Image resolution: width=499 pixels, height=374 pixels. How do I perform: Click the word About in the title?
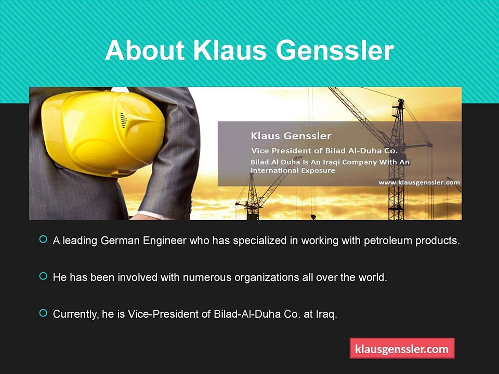point(145,50)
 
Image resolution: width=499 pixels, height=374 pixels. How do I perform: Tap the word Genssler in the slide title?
point(335,50)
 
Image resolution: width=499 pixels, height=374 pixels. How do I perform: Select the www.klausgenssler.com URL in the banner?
point(419,182)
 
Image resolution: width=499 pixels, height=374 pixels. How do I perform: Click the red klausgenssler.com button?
point(402,349)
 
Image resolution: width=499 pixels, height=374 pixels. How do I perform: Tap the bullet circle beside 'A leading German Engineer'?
point(43,239)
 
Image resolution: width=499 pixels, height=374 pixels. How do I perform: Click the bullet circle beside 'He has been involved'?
point(43,276)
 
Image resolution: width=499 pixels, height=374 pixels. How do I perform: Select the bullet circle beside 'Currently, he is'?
point(43,313)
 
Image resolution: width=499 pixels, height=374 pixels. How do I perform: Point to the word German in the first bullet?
point(120,241)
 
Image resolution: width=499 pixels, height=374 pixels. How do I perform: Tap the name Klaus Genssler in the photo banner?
point(291,136)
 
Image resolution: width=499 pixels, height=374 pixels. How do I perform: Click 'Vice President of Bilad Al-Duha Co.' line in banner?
point(324,151)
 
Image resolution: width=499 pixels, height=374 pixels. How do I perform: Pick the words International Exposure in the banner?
point(293,170)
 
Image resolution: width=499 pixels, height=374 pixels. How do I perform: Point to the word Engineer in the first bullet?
point(165,241)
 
